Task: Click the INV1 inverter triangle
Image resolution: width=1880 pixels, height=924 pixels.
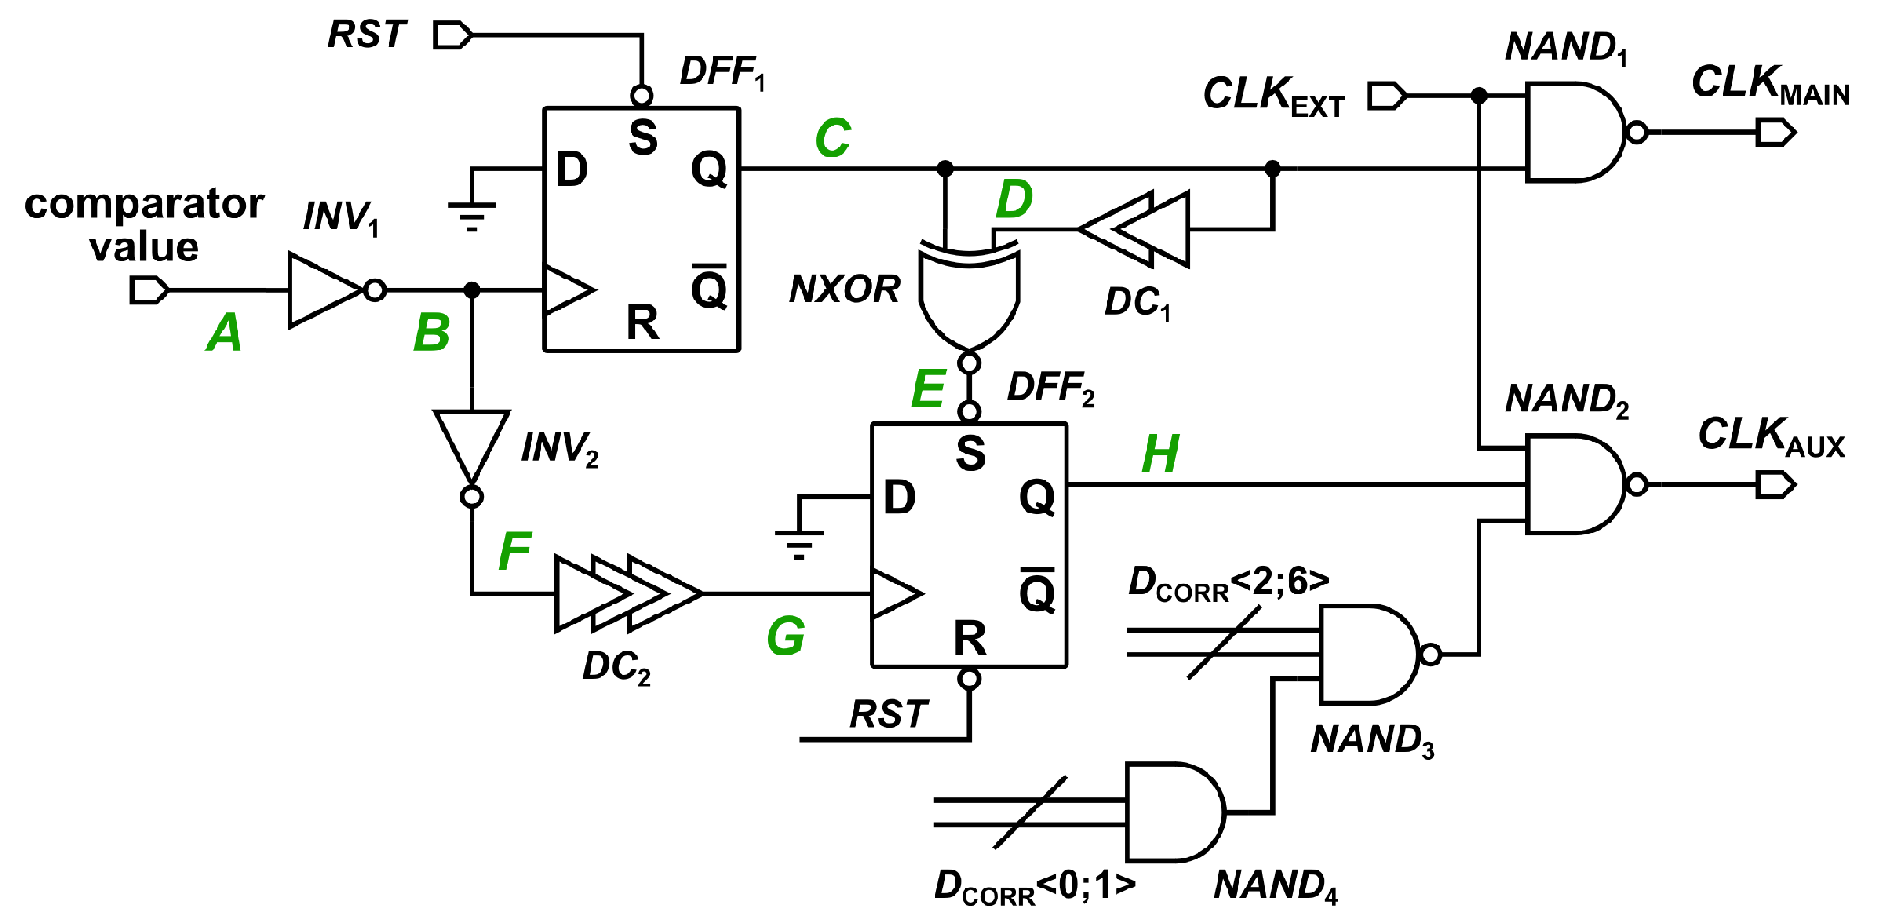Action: (323, 290)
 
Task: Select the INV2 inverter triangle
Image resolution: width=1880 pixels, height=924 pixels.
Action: (471, 442)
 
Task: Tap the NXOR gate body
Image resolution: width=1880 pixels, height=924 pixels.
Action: (969, 296)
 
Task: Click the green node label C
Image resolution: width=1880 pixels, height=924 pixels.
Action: (833, 139)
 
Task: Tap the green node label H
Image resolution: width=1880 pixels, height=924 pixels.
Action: (1160, 455)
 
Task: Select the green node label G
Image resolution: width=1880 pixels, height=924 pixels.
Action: (785, 636)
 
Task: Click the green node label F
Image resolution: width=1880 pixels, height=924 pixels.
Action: (514, 551)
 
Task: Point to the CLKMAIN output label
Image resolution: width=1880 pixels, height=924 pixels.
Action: (1770, 85)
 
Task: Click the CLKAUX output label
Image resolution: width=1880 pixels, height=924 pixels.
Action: (1770, 436)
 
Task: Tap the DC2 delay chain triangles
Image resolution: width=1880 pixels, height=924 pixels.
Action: (628, 594)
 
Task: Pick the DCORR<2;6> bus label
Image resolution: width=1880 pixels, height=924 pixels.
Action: (1228, 584)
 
